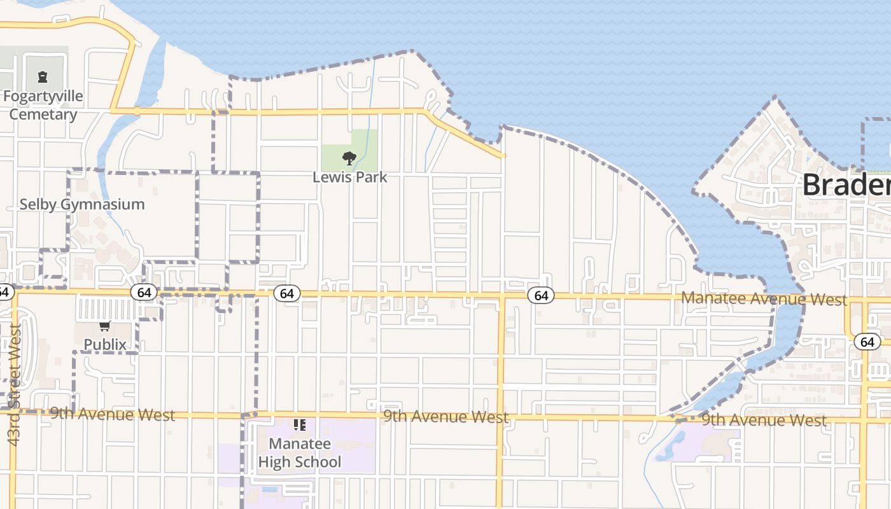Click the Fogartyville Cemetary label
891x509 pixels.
[43, 106]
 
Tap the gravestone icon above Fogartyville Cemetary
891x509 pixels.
[43, 77]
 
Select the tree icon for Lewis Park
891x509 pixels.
[349, 158]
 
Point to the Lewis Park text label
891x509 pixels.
[349, 177]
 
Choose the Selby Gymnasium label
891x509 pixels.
[82, 204]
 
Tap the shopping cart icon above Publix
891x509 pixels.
[105, 326]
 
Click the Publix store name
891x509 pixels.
[105, 344]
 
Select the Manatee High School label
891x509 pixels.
[299, 453]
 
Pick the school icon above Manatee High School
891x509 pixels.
[299, 424]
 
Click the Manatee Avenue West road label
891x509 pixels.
[764, 299]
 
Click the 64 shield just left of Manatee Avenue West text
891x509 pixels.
[541, 295]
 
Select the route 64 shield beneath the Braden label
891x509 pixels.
[867, 342]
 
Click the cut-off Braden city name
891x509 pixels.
[846, 185]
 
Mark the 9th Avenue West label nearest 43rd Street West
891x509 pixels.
[113, 415]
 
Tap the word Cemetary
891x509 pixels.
[43, 115]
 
